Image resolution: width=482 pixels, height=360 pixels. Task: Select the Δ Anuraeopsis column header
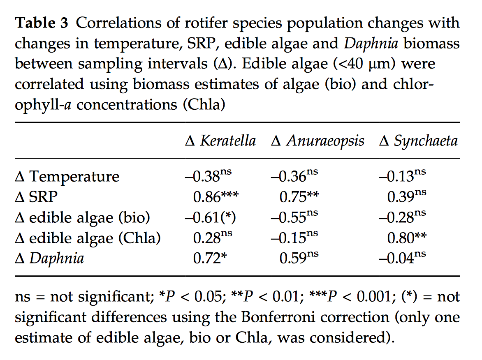317,141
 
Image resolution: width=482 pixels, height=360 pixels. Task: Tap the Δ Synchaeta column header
418,141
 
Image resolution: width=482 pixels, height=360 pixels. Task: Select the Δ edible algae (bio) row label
82,217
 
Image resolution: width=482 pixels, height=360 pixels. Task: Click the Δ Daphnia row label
49,258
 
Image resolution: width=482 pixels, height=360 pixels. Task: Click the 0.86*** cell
216,197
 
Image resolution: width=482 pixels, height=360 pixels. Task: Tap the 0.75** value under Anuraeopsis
299,197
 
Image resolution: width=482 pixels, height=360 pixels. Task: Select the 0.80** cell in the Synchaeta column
406,238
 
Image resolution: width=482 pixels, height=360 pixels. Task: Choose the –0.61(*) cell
210,217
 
